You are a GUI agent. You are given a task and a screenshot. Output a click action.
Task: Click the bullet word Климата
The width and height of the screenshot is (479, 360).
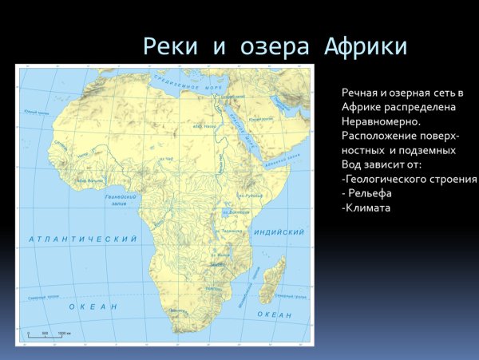(366, 208)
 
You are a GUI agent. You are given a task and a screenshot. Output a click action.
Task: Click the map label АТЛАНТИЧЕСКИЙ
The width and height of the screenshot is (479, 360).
(83, 239)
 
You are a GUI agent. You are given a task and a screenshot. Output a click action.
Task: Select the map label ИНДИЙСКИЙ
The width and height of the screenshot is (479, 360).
(279, 232)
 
